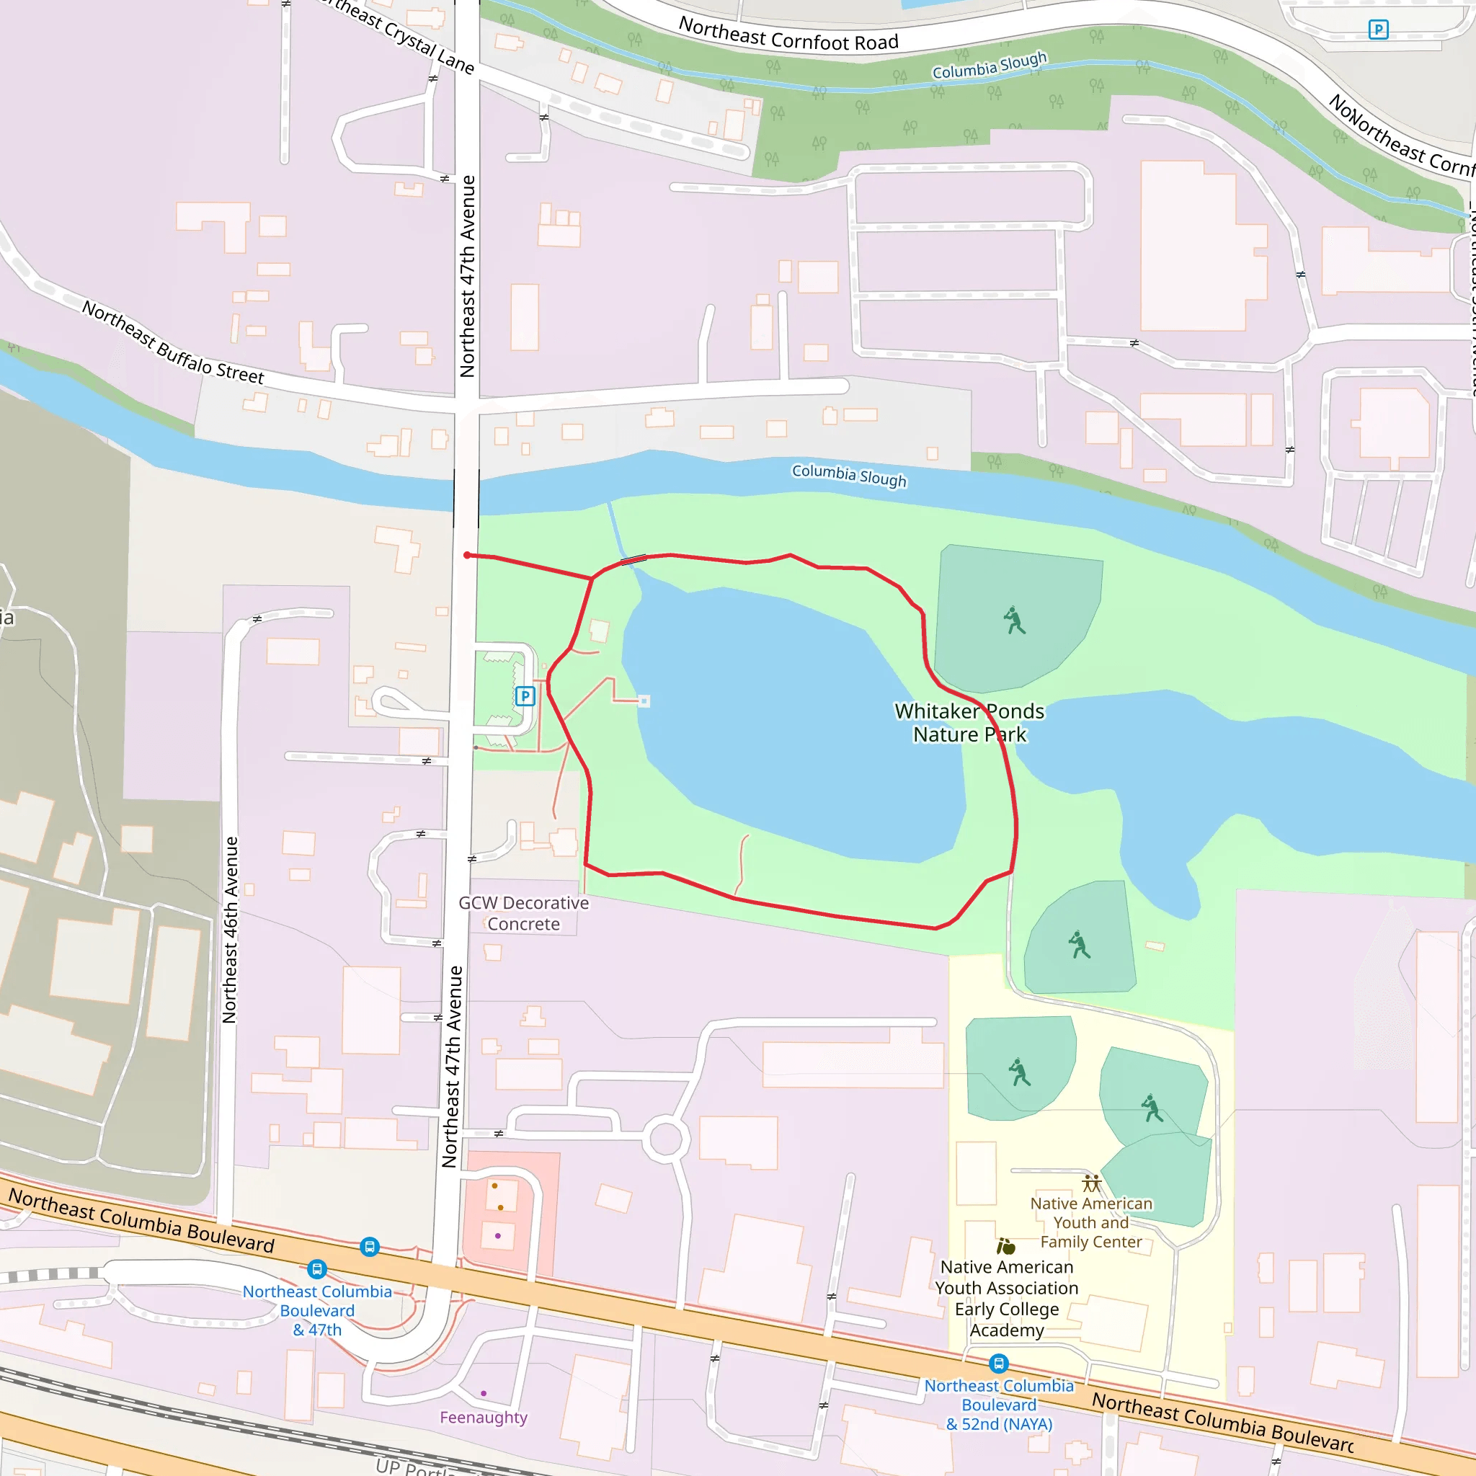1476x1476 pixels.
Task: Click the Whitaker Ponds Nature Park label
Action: coord(969,723)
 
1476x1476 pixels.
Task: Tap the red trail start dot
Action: coord(467,556)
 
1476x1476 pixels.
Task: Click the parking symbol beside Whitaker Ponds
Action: coord(525,696)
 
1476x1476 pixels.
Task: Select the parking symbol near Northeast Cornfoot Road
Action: coord(1378,30)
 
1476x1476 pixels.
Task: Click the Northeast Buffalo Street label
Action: coord(174,343)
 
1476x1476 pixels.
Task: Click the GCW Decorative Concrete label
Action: coord(523,913)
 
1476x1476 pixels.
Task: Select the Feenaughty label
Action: coord(483,1417)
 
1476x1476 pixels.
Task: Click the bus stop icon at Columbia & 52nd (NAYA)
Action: coord(998,1363)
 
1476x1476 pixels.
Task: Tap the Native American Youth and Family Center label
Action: coord(1090,1222)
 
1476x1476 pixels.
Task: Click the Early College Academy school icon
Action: coord(1006,1247)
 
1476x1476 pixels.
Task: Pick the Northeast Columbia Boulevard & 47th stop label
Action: coord(317,1310)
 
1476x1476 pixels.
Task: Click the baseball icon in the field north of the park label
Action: coord(1014,621)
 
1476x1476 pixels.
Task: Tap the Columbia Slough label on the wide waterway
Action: coord(849,475)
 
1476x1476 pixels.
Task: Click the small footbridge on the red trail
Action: coord(633,560)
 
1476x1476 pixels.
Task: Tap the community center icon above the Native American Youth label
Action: coord(1091,1183)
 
